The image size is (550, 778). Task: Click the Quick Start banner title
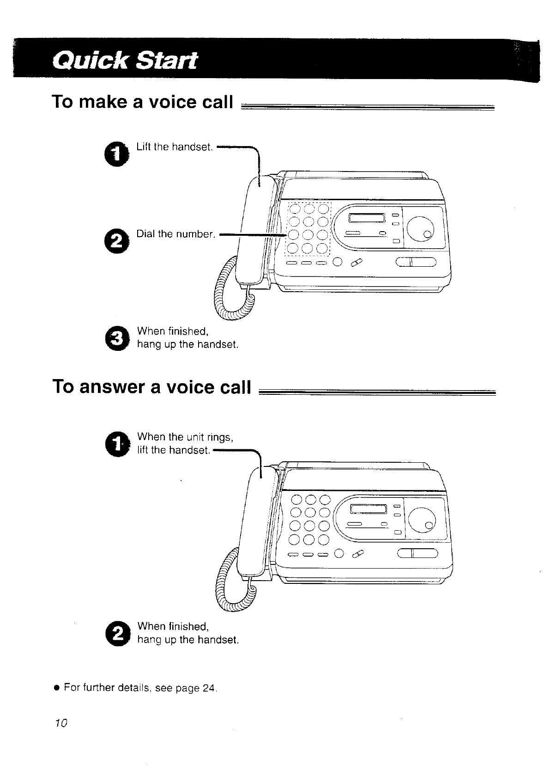click(x=125, y=61)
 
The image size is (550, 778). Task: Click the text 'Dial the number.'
click(x=176, y=234)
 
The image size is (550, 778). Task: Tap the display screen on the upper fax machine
click(x=367, y=218)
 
